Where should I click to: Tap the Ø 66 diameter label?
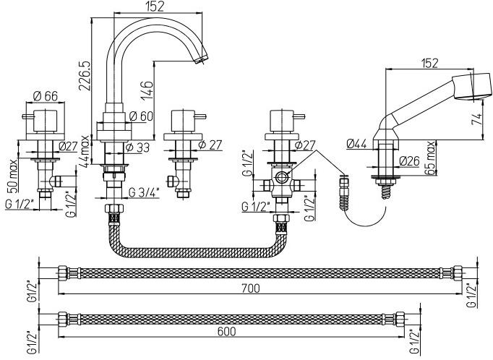(x=46, y=95)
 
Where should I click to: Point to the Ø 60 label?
(x=141, y=116)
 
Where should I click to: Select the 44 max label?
(x=85, y=150)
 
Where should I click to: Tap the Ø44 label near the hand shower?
(x=357, y=144)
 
